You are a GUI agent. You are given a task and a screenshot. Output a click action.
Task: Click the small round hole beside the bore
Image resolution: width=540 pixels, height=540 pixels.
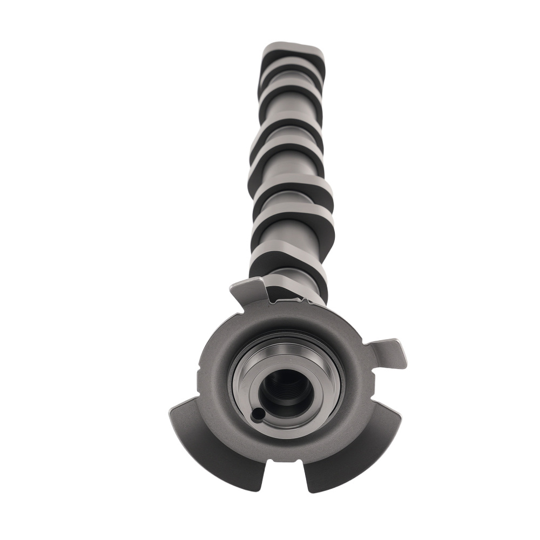pyautogui.click(x=258, y=414)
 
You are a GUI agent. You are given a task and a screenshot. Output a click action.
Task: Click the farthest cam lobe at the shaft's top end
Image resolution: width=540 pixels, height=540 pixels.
pyautogui.click(x=294, y=54)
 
